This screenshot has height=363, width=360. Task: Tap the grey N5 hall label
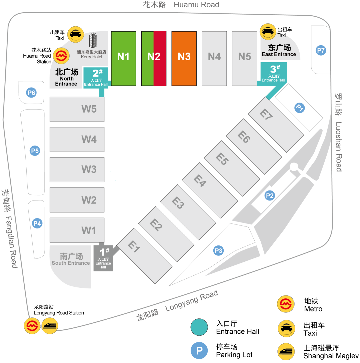[x=244, y=57]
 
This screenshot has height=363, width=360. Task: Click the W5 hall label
[x=89, y=109]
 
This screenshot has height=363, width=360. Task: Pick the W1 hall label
[x=89, y=230]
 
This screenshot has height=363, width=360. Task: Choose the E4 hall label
[x=200, y=181]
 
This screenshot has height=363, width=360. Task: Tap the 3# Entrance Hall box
[x=273, y=74]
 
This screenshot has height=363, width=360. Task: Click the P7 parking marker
[x=321, y=51]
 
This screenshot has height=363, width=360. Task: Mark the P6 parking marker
[x=31, y=93]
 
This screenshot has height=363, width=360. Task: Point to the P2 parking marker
[x=269, y=195]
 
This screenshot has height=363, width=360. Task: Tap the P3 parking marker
[x=218, y=251]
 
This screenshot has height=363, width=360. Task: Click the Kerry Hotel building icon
[x=93, y=40]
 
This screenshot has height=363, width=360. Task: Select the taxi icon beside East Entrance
[x=268, y=32]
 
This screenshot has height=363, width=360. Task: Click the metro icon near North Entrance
[x=61, y=56]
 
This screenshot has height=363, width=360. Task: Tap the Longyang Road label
[x=191, y=301]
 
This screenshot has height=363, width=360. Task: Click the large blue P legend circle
[x=199, y=350]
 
